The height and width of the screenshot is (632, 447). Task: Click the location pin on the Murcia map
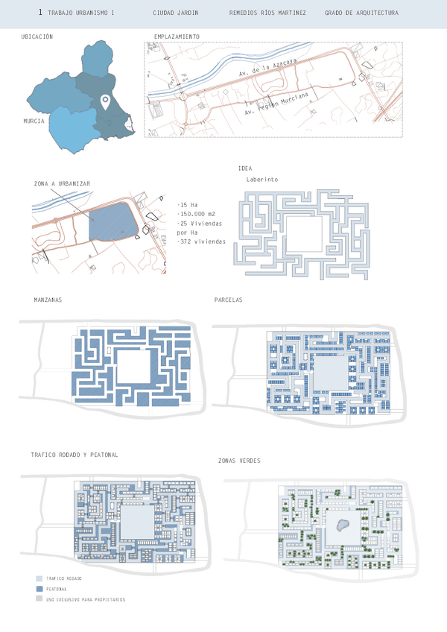106,102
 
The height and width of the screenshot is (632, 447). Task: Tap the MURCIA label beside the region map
34,121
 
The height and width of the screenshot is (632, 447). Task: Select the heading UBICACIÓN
37,36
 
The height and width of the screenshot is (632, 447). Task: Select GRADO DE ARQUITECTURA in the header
361,13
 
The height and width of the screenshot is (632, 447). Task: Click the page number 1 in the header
39,13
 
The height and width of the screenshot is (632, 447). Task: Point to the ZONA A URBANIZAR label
63,183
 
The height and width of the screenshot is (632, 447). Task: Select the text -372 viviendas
201,242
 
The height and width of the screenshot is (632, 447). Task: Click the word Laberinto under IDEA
261,180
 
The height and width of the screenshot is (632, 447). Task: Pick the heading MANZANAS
47,300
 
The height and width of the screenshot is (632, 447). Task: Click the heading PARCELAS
228,300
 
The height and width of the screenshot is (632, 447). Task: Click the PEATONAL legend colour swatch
38,589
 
